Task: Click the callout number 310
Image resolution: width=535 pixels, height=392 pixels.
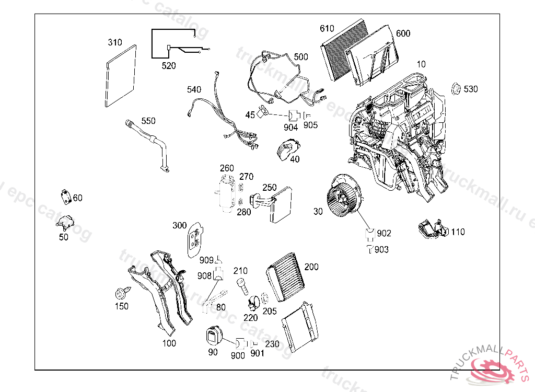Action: [115, 42]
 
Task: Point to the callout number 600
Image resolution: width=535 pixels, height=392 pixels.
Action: [403, 33]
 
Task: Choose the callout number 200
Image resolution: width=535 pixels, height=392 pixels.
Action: [311, 267]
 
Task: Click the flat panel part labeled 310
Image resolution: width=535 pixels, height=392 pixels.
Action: [121, 76]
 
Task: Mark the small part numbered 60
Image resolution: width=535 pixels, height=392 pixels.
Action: [65, 196]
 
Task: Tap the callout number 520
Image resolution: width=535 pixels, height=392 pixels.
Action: [169, 66]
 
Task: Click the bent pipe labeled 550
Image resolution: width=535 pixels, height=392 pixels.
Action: [152, 141]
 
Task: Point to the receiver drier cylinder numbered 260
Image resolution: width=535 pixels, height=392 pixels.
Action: [226, 193]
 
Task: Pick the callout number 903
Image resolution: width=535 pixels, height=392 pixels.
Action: [381, 250]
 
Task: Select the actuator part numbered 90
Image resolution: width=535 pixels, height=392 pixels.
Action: [213, 335]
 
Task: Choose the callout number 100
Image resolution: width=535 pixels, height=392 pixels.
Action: [169, 343]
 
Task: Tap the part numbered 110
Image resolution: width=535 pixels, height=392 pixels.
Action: [432, 230]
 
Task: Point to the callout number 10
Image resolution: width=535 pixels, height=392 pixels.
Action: [421, 64]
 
